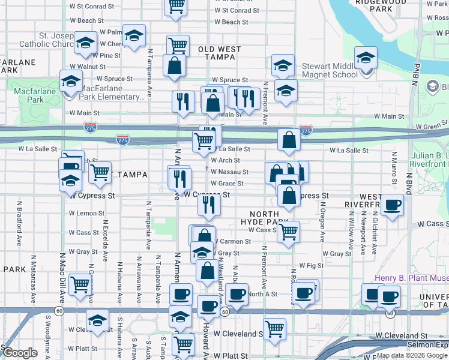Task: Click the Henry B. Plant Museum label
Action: (411, 278)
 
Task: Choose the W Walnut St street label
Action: (87, 67)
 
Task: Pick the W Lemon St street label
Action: (86, 213)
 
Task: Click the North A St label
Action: (263, 294)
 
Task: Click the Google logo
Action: (19, 353)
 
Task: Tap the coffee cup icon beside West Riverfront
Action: (393, 205)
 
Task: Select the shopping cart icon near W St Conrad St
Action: (176, 5)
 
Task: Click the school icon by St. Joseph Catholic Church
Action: (86, 43)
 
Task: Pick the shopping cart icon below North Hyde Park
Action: (289, 231)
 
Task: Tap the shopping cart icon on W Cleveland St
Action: (274, 329)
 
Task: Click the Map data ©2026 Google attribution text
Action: (412, 355)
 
